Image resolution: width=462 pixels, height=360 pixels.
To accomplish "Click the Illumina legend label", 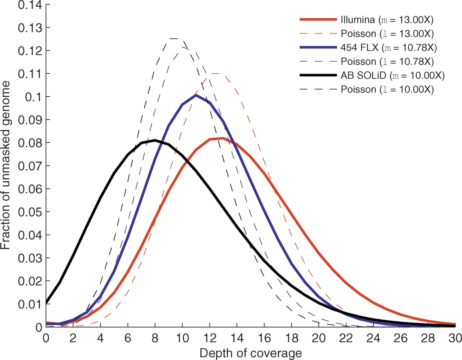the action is coord(387,20).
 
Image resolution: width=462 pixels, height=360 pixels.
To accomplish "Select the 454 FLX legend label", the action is coord(389,48).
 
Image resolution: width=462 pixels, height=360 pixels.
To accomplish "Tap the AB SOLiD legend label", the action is coord(392,75).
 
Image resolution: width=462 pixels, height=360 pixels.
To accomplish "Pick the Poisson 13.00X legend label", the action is coord(387,34).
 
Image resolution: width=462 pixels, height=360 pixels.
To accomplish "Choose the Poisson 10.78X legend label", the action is coord(387,62).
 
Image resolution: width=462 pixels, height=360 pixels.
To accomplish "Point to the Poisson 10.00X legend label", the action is coord(387,89).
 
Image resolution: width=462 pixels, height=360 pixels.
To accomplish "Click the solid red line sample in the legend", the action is coord(318,19).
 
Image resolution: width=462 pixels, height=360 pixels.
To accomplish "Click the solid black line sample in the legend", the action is coord(318,75).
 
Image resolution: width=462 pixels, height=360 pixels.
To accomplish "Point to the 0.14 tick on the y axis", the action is coord(30,5).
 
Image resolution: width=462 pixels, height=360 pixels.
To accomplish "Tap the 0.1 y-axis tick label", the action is coord(34,97).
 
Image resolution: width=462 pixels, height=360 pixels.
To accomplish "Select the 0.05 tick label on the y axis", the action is coord(30,212).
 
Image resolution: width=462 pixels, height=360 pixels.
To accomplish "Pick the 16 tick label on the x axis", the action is coord(264,338).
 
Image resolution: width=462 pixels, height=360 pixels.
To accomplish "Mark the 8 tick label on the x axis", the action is coord(155,338).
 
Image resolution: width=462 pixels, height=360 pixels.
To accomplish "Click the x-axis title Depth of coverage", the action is coord(250,353).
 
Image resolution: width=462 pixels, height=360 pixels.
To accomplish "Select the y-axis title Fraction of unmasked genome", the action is coord(5,165).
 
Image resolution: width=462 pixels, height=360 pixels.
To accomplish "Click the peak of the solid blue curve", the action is coord(196,95).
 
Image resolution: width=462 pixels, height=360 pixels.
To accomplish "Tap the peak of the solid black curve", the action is coord(155,140).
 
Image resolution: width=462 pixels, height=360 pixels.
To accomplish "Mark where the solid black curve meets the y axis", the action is coord(46,302).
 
